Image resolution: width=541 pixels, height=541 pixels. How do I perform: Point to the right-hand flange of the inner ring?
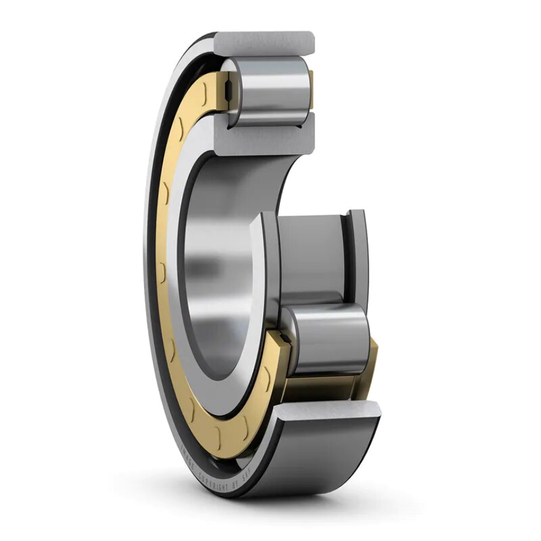pyautogui.click(x=357, y=258)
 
